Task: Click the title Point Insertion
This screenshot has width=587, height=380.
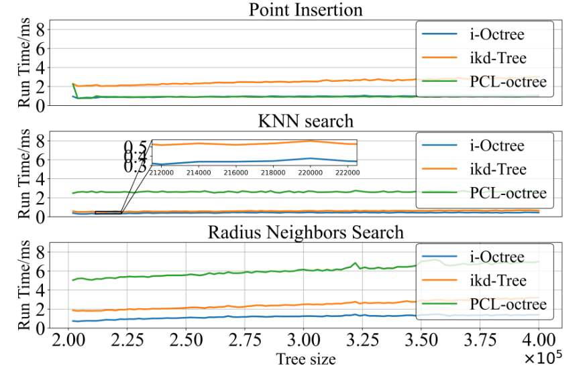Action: click(305, 10)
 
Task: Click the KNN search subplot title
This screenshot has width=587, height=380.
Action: click(305, 121)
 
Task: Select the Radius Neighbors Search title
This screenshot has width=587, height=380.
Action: click(305, 233)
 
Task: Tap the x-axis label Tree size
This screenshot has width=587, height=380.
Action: click(305, 359)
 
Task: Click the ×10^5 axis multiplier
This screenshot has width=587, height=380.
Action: click(542, 359)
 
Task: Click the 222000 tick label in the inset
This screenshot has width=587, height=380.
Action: click(345, 172)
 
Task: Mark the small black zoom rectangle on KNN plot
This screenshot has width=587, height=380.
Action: click(108, 212)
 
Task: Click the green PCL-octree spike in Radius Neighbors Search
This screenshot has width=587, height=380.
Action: click(355, 263)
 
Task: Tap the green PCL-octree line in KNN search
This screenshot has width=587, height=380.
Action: click(268, 192)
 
